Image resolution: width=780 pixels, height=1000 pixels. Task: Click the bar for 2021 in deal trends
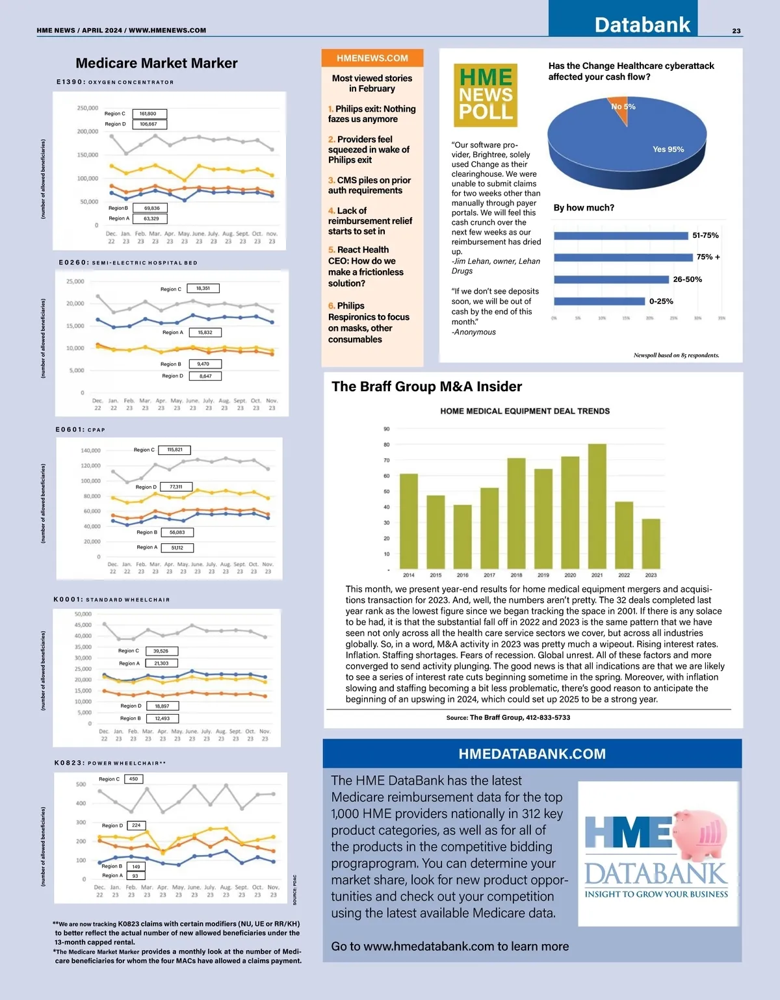[597, 506]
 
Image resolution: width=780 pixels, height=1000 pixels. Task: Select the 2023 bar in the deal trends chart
[651, 544]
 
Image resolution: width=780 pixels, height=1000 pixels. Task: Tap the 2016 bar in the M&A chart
[462, 537]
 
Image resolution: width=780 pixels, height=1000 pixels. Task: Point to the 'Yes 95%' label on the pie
[668, 149]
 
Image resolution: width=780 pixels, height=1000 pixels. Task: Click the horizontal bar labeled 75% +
[623, 257]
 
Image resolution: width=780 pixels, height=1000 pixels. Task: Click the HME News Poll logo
[486, 95]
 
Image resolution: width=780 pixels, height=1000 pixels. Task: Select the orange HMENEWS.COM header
[372, 58]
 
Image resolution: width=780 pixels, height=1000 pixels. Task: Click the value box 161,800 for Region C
[149, 114]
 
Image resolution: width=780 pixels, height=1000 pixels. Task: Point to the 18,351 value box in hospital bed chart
[203, 288]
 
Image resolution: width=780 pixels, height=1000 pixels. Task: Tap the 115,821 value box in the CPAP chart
[175, 450]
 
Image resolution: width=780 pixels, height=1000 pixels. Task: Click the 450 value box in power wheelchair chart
[133, 779]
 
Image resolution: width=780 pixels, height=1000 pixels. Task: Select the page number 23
[736, 31]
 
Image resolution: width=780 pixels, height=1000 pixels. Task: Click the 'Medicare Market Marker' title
[157, 63]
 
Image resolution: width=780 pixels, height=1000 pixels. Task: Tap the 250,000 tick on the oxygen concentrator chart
[88, 108]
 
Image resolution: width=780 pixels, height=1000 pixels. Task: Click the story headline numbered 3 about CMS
[369, 185]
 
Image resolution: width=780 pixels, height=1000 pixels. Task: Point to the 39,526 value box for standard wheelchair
[161, 651]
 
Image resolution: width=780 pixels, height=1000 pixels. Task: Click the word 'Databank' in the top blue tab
[642, 25]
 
